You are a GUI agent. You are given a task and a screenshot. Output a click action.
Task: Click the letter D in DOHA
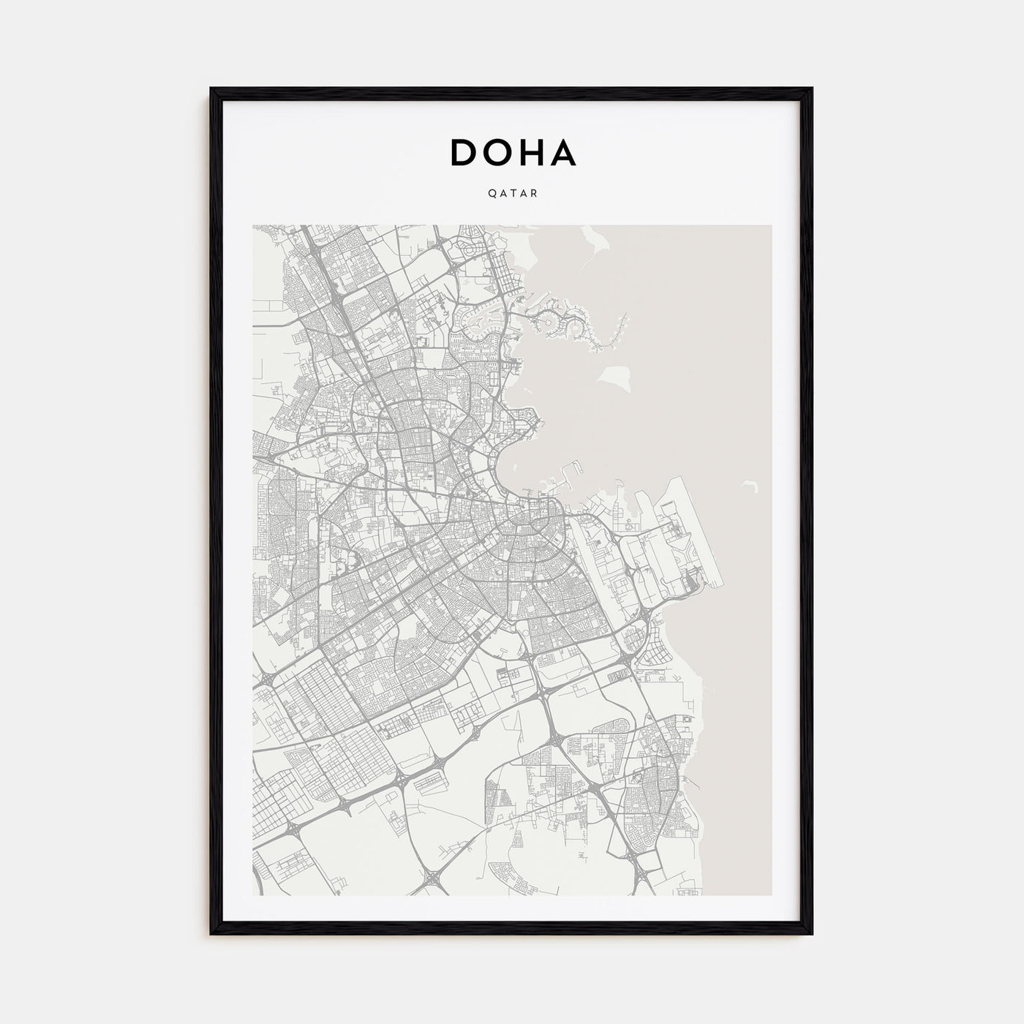(464, 152)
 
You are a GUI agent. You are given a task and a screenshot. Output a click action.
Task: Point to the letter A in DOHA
(564, 152)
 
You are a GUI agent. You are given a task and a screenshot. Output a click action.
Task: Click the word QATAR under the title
(512, 194)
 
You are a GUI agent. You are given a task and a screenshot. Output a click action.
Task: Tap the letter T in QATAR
(512, 194)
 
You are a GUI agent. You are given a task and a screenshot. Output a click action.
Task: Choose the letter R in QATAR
(535, 194)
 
